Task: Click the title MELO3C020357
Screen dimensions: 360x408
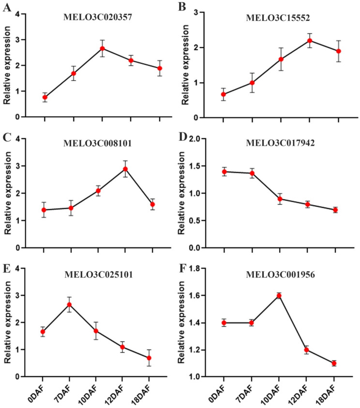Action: [x=98, y=17]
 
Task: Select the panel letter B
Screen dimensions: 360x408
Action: [x=182, y=7]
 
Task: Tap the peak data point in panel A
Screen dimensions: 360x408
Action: [x=103, y=48]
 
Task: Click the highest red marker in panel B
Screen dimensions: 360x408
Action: [x=310, y=41]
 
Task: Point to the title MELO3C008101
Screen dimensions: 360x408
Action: [x=97, y=143]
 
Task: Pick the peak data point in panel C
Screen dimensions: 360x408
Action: [x=125, y=169]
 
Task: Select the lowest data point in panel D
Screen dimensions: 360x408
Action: [x=335, y=210]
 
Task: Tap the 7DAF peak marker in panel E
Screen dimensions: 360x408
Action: [x=69, y=305]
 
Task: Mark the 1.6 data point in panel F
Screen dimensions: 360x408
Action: [x=279, y=295]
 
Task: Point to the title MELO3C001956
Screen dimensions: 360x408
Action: [x=280, y=275]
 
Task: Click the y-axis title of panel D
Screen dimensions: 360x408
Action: [x=181, y=193]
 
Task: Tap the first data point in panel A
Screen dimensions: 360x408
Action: [x=45, y=97]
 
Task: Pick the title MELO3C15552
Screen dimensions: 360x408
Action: [x=278, y=18]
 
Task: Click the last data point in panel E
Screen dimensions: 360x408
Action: [x=149, y=358]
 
